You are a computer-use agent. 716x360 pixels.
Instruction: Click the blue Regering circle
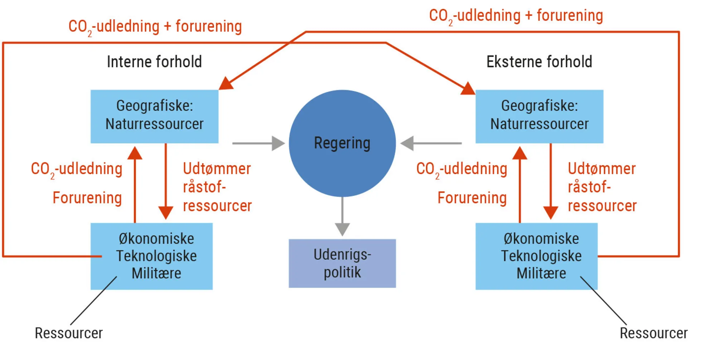pos(342,143)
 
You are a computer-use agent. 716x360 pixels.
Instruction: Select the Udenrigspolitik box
pos(342,263)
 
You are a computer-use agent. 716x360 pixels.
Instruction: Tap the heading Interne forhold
pos(154,62)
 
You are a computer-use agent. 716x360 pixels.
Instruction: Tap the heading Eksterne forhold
pos(539,62)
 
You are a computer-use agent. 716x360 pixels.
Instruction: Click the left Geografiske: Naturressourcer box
pos(154,116)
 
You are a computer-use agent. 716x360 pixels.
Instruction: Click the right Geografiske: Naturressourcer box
pos(539,116)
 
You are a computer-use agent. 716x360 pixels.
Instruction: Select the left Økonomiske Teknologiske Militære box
pos(151,256)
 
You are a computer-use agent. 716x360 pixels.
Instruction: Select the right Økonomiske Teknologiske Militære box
pos(536,256)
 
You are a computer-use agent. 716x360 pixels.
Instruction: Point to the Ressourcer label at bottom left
pos(69,333)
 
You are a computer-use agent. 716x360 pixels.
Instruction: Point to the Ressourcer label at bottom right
pos(653,333)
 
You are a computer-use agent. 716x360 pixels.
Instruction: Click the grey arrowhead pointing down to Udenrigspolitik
pos(342,229)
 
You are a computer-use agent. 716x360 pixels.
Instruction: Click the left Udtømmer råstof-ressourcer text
pos(217,187)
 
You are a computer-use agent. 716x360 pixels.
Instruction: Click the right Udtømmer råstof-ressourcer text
pos(602,187)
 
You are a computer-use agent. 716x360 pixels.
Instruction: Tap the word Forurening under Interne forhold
pos(87,198)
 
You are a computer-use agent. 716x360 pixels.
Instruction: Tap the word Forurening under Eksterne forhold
pos(472,198)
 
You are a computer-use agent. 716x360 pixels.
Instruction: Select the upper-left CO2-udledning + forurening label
pos(155,27)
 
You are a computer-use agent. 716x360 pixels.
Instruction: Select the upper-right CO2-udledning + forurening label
pos(516,16)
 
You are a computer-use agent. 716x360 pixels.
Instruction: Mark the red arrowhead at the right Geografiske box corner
pos(468,89)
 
